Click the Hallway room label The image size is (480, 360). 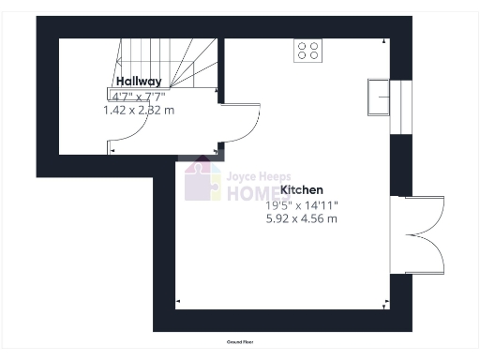click(138, 82)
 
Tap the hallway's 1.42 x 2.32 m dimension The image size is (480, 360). click(138, 110)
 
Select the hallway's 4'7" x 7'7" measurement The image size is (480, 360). click(138, 96)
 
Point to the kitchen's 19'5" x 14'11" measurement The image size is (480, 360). click(302, 204)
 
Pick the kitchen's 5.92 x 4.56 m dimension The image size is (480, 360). click(302, 218)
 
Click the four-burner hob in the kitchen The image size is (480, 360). click(308, 50)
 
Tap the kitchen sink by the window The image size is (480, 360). click(379, 96)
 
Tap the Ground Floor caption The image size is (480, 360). click(241, 342)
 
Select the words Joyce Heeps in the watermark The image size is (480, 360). click(256, 174)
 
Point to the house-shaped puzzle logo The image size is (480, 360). click(202, 179)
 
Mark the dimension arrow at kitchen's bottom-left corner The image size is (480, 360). click(179, 302)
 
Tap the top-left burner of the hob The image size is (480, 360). click(303, 44)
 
